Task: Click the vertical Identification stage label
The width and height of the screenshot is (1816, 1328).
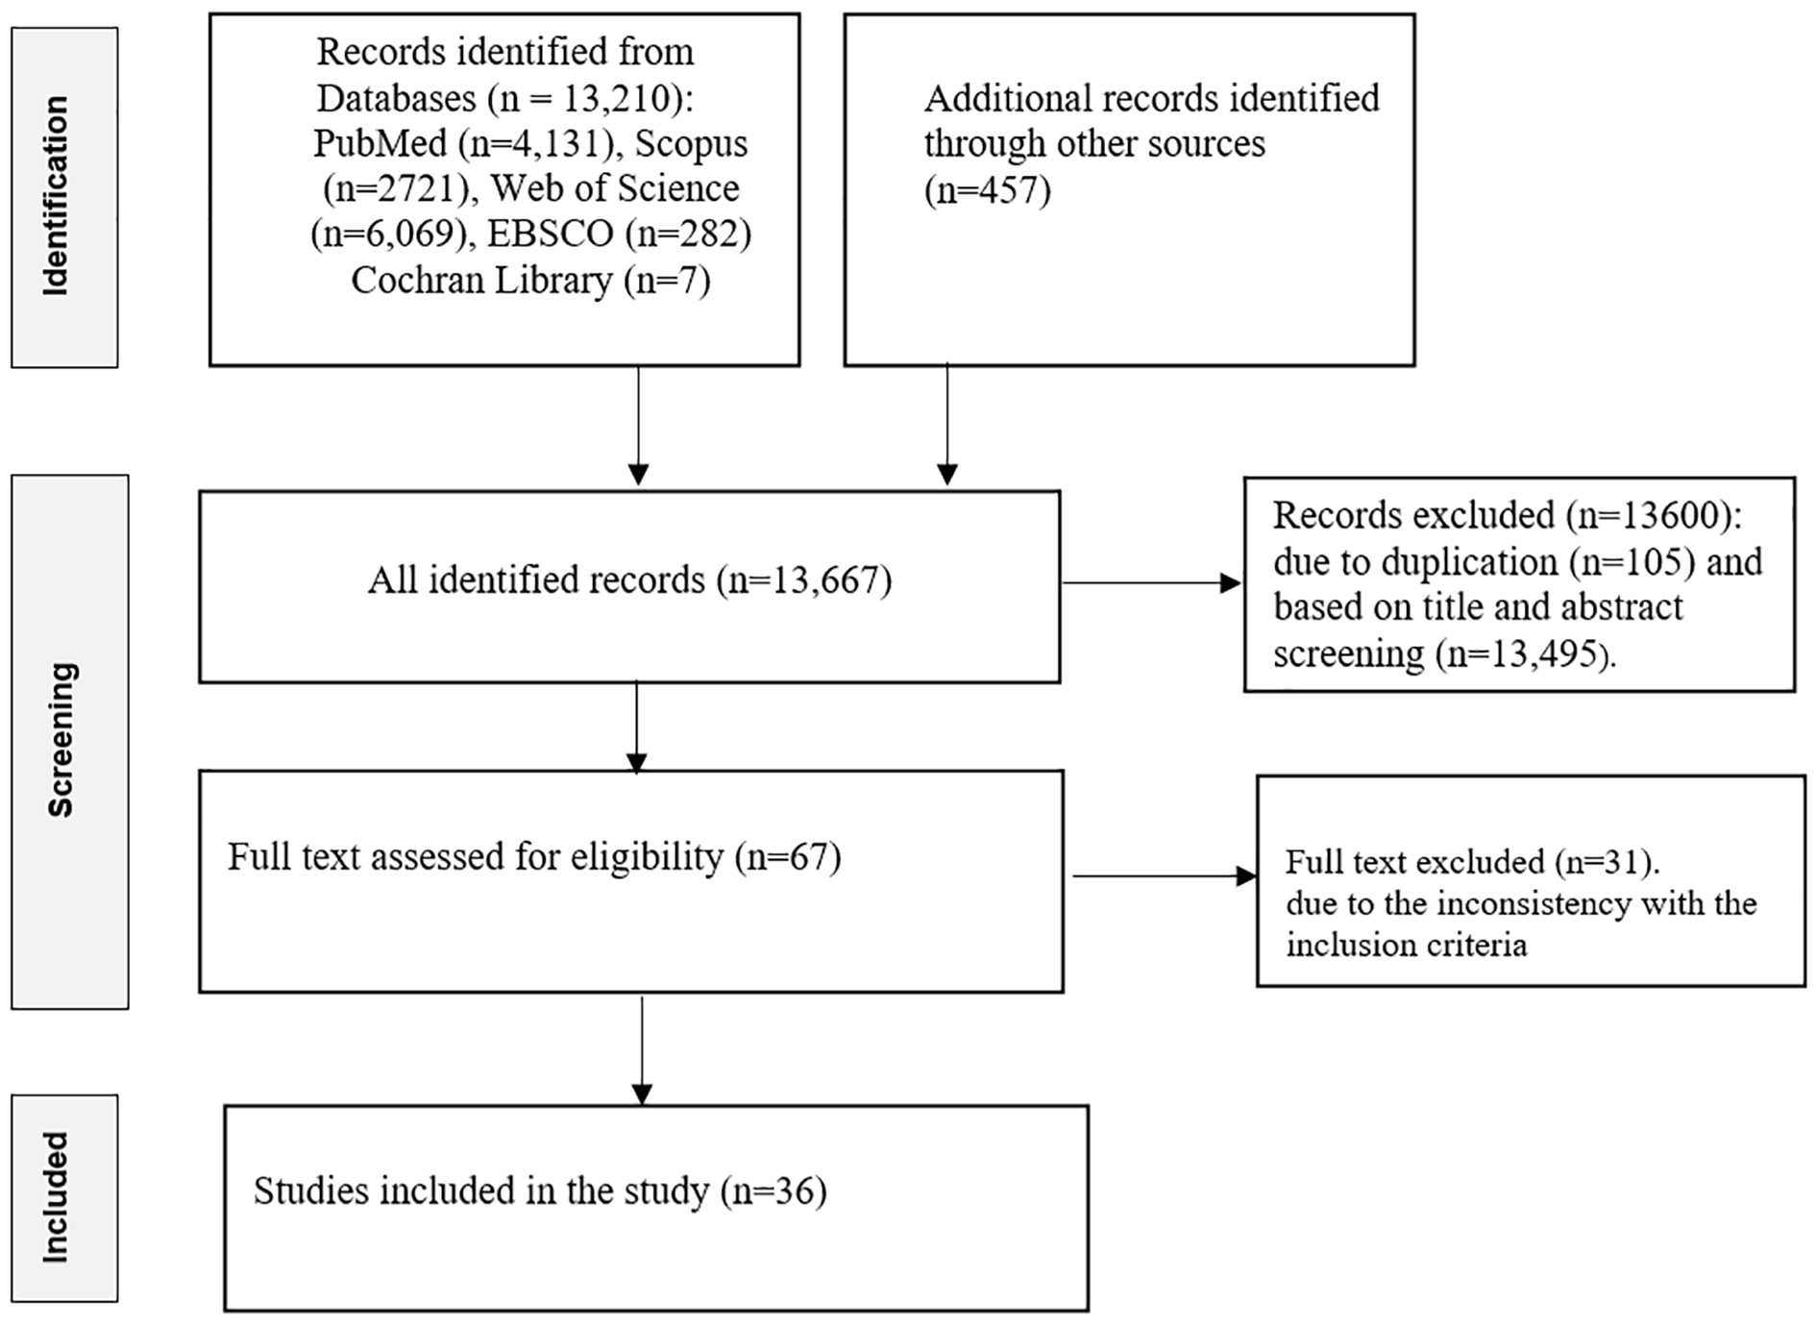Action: [56, 196]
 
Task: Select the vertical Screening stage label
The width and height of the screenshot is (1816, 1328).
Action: [61, 740]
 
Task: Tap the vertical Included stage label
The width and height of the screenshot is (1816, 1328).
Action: [56, 1197]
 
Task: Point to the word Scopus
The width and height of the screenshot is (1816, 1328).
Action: [691, 143]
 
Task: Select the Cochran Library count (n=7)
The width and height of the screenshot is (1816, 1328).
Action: [667, 280]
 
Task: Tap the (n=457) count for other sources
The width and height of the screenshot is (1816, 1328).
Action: [988, 189]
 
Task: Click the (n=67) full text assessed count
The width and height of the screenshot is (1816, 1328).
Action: [788, 856]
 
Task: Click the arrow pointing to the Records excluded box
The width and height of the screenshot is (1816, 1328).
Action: [1151, 582]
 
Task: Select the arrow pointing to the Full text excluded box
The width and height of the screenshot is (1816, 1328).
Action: [1165, 875]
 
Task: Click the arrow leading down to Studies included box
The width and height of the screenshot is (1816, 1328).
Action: [642, 1050]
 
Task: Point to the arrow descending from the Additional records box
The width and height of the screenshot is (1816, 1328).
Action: [947, 424]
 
